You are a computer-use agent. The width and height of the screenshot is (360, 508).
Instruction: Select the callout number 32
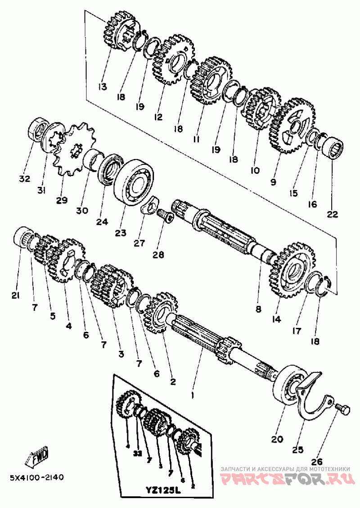tap(24, 179)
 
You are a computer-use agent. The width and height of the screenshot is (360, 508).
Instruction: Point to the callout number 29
tap(62, 199)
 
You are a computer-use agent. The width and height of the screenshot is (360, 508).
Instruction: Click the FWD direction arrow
tap(39, 458)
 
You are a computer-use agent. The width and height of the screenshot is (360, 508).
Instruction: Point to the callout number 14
tap(276, 319)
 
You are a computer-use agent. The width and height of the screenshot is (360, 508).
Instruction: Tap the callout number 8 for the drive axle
tap(258, 309)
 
